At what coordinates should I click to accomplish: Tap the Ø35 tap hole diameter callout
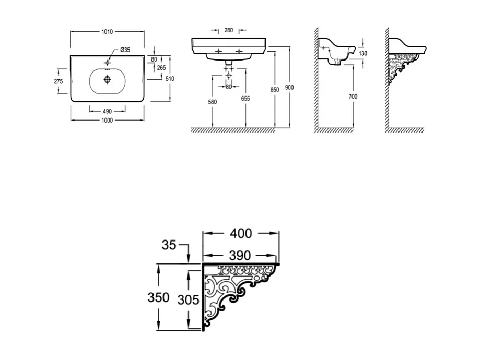(125, 50)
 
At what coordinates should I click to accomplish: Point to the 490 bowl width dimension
(107, 110)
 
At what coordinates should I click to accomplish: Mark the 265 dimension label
(161, 68)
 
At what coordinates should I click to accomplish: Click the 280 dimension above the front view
(228, 30)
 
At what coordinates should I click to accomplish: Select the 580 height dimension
(212, 102)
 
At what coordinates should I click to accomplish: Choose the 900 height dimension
(289, 87)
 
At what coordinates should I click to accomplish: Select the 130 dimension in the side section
(363, 53)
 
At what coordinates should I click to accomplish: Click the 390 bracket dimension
(240, 255)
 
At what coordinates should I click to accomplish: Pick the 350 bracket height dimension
(158, 297)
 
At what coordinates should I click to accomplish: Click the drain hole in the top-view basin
(107, 79)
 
